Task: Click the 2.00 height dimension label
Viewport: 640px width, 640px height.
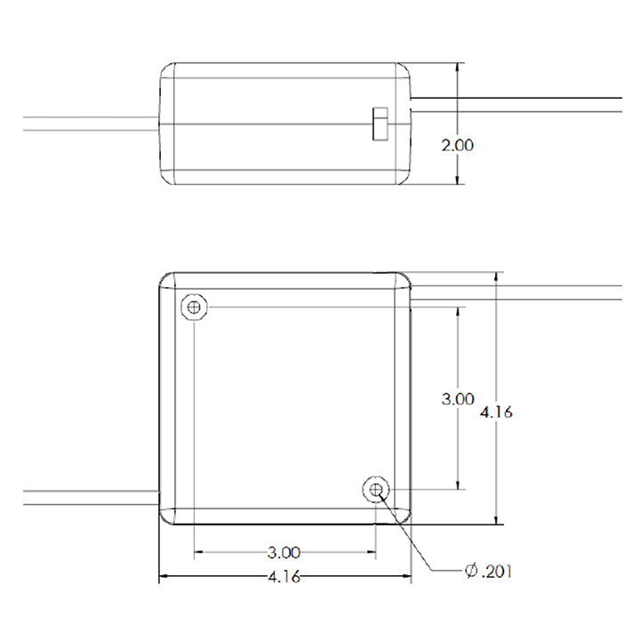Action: [458, 145]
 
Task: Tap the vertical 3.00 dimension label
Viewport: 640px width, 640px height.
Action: [458, 399]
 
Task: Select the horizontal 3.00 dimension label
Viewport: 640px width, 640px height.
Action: [284, 553]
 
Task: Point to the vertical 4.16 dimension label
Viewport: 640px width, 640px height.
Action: [496, 412]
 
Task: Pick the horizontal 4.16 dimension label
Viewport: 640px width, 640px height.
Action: [284, 577]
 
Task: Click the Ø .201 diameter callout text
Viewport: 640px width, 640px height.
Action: [488, 571]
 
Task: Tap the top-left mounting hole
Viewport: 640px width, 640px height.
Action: [194, 307]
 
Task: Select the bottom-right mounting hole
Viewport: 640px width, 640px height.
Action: [376, 489]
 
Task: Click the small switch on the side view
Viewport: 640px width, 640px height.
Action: [380, 124]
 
